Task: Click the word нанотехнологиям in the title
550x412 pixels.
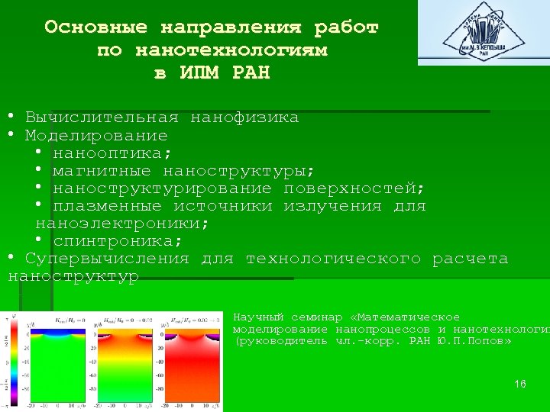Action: point(231,51)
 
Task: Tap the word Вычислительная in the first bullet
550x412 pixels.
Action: point(102,118)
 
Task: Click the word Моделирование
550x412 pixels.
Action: point(96,136)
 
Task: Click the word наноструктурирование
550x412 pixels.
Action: point(162,188)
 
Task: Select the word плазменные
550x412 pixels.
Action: point(107,206)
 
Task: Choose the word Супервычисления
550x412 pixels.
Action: point(107,259)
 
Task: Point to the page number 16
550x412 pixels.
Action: point(520,384)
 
